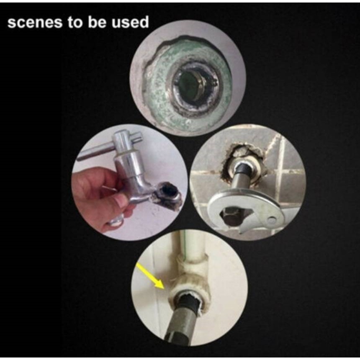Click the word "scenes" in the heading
tap(35, 22)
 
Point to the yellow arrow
tap(150, 275)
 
